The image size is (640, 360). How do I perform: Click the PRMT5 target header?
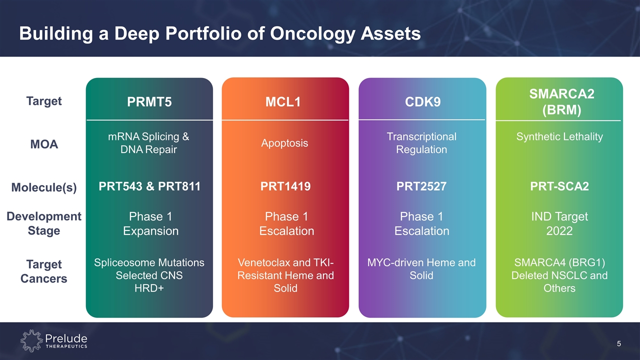[x=149, y=101]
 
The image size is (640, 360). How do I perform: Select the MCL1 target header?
[x=283, y=101]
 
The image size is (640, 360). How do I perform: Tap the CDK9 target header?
[x=422, y=101]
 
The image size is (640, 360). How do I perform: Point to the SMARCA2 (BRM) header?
[x=561, y=101]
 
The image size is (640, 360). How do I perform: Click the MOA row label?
[x=44, y=144]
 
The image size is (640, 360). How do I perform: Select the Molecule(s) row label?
[x=44, y=187]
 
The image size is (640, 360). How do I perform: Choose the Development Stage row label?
[x=44, y=223]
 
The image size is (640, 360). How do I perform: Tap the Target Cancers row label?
[x=44, y=271]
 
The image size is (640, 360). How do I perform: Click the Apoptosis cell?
[x=284, y=143]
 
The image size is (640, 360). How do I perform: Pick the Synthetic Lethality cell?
[x=559, y=136]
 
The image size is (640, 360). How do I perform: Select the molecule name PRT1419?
[x=285, y=186]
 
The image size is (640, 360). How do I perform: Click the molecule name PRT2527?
[x=421, y=186]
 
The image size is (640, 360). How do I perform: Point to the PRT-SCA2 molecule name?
[x=559, y=186]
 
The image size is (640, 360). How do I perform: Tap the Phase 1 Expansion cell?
[x=150, y=223]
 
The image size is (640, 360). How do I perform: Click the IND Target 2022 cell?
[x=559, y=223]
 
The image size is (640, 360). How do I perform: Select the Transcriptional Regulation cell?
[x=421, y=143]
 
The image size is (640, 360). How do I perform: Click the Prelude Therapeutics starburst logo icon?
[x=31, y=340]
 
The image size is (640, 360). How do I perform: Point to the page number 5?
[x=619, y=343]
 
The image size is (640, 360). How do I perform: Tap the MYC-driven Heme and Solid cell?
[x=421, y=269]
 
